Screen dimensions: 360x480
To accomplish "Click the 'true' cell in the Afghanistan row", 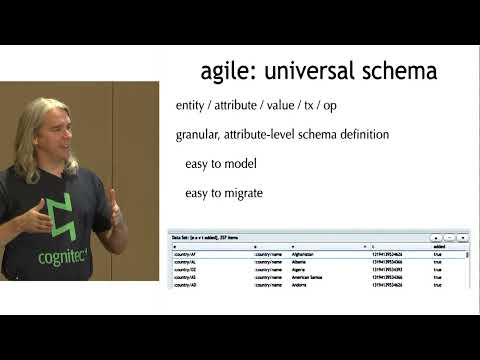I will [438, 254].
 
